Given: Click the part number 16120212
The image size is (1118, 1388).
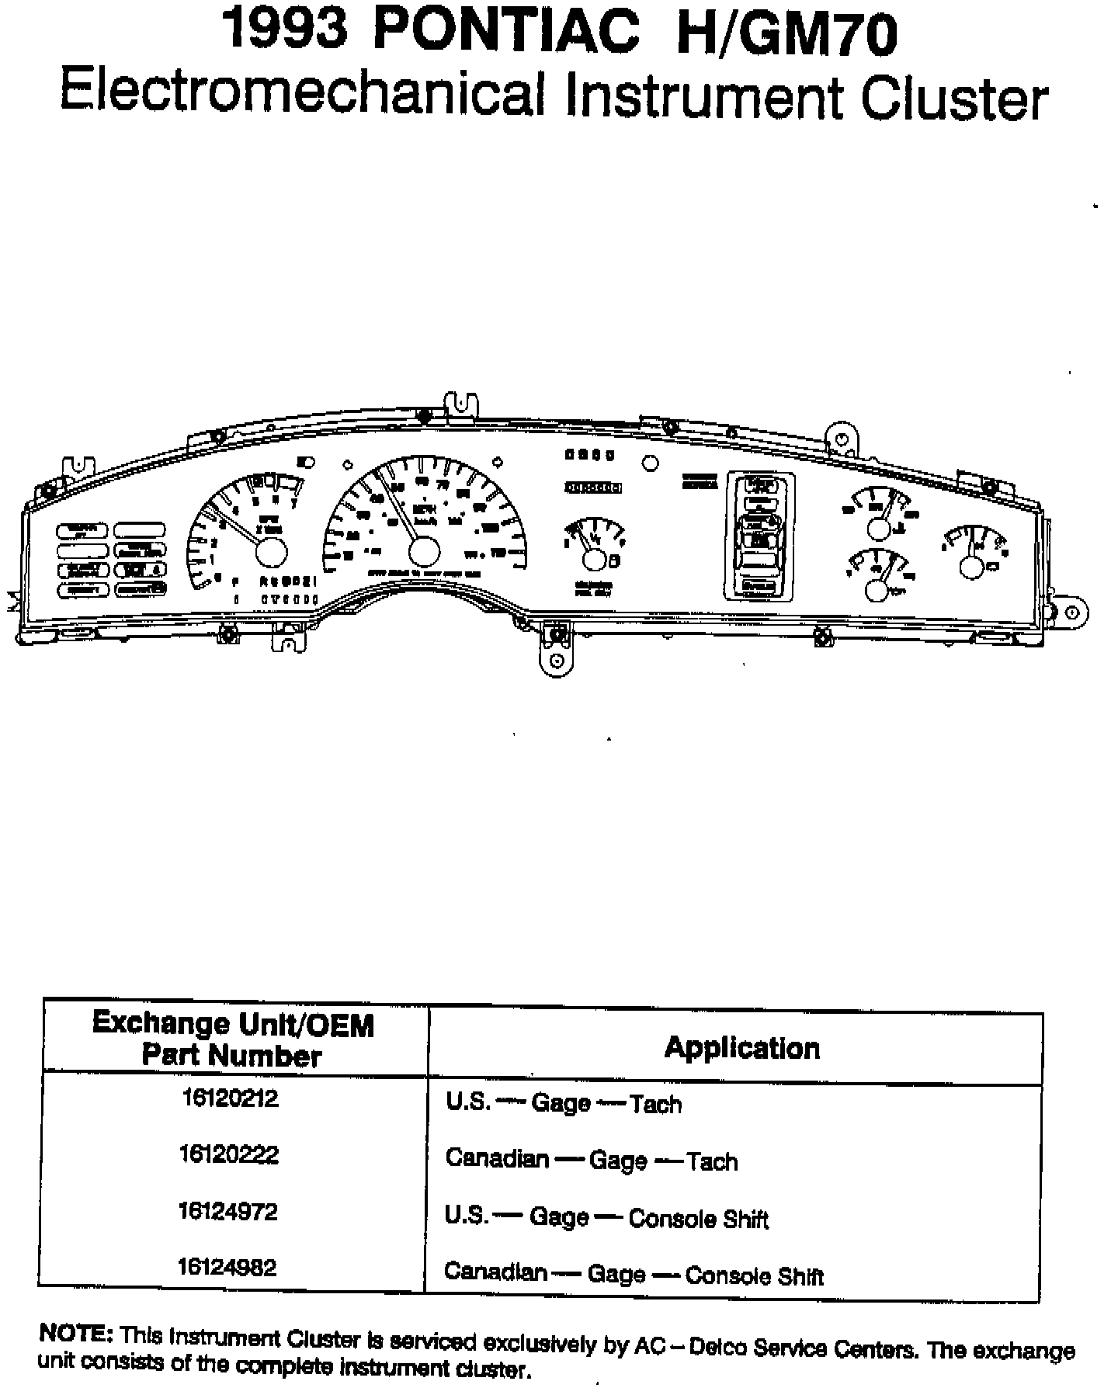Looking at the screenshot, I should click(x=230, y=1098).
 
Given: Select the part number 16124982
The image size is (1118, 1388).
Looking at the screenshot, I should click(x=227, y=1268).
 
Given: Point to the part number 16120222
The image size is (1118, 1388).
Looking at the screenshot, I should click(x=228, y=1155).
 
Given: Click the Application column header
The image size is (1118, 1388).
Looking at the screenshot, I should click(x=741, y=1048).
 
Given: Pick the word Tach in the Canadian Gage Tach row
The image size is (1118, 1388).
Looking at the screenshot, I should click(x=711, y=1161).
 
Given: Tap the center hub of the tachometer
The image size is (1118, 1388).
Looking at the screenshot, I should click(x=271, y=552).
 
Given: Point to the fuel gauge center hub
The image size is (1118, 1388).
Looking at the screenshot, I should click(x=595, y=560).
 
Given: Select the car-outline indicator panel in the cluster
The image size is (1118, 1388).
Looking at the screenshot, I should click(x=760, y=536).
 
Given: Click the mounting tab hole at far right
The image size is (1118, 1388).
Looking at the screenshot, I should click(x=1072, y=612).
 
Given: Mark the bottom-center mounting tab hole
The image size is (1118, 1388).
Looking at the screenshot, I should click(x=556, y=661).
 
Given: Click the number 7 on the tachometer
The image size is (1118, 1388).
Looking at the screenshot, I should click(x=293, y=502).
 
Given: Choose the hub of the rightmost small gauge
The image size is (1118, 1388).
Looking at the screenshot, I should click(x=971, y=567).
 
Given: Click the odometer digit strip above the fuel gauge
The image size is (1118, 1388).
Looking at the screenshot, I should click(x=594, y=488).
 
